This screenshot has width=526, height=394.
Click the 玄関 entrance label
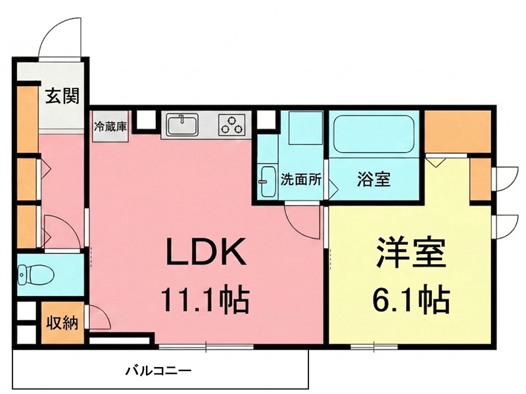[x=62, y=97]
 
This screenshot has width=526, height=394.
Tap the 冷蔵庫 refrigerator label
[x=110, y=126]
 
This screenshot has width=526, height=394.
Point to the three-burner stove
[x=231, y=124]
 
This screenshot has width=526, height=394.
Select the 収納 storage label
[x=62, y=322]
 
